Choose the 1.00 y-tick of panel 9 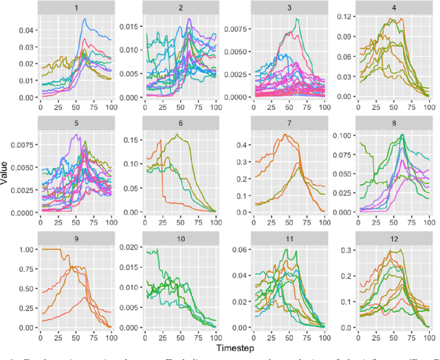25,249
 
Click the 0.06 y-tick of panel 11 241,249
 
